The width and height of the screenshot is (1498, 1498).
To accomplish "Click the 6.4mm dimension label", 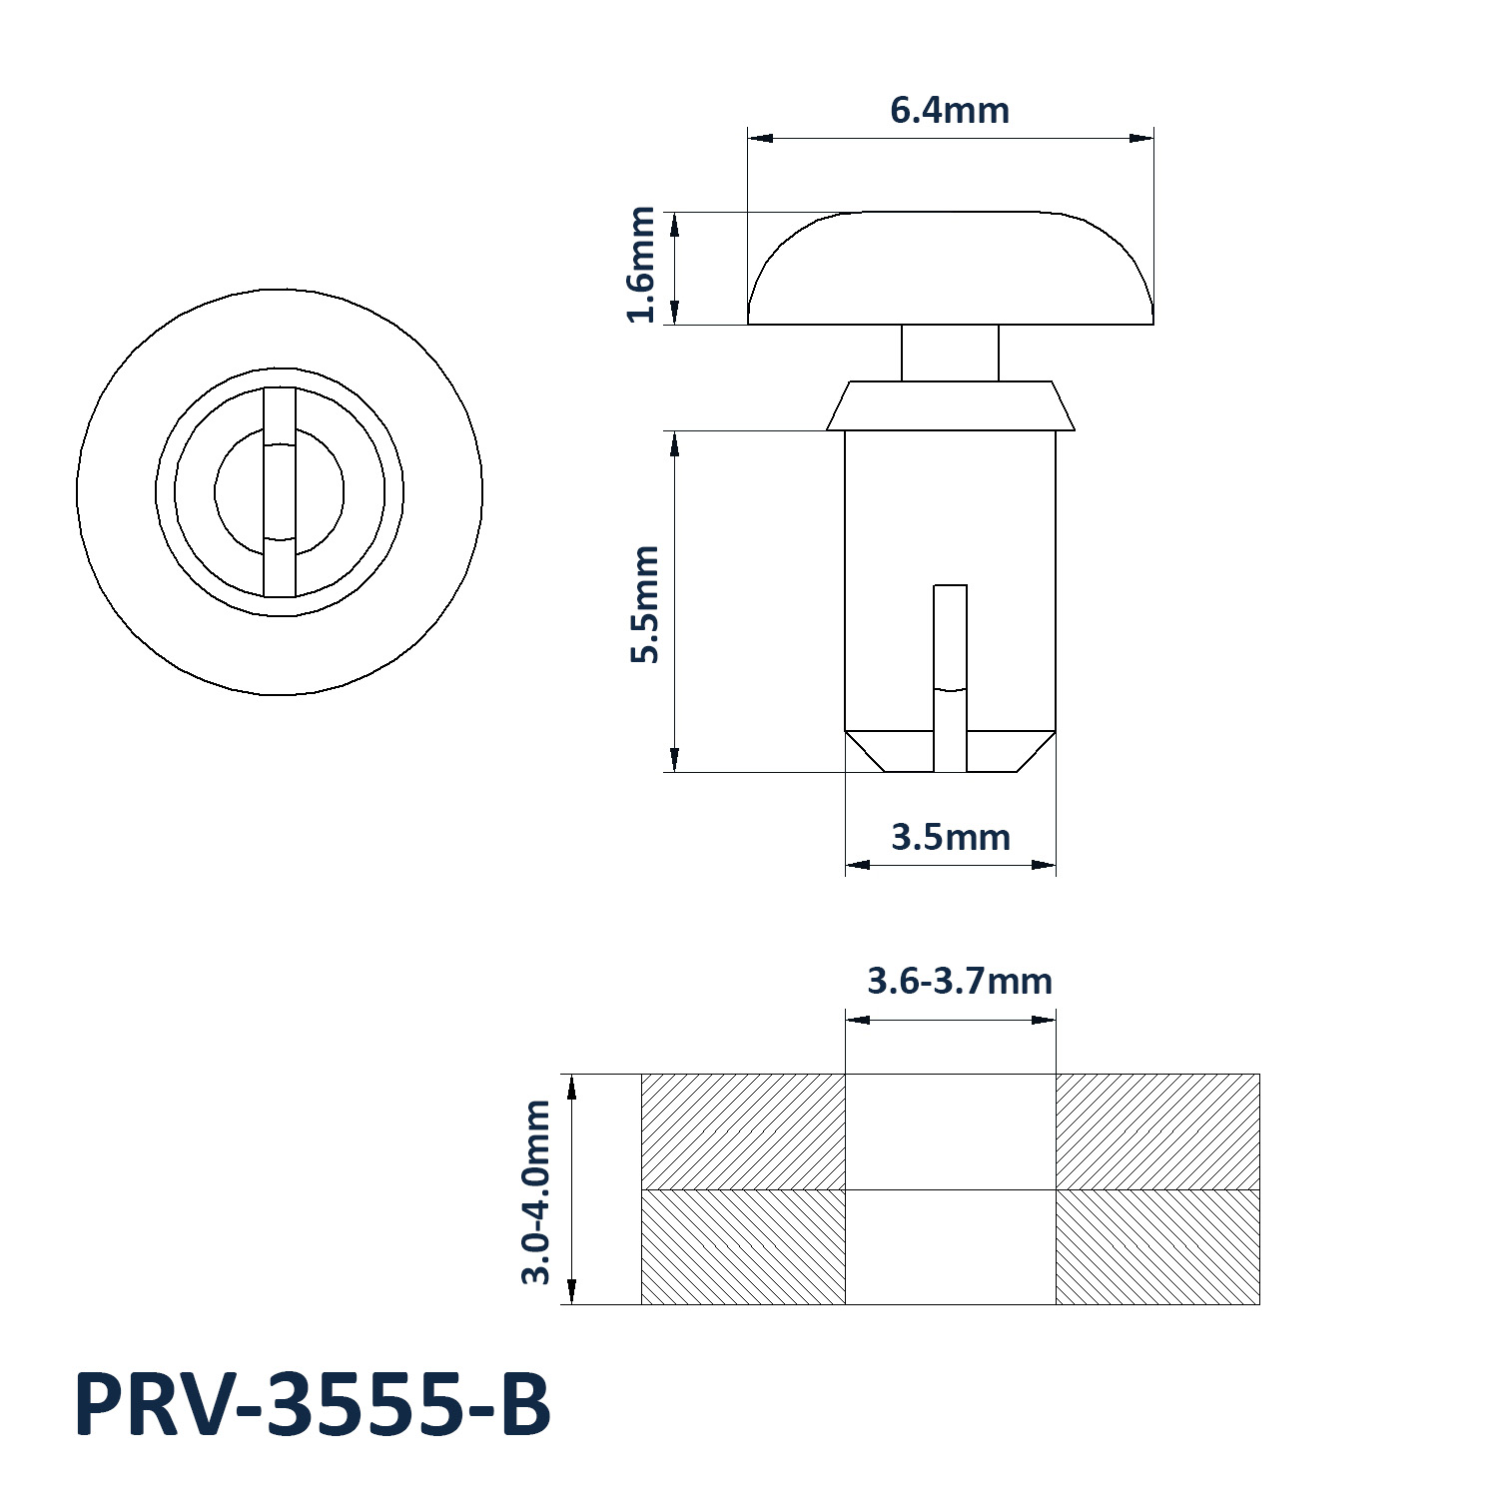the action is pyautogui.click(x=950, y=110).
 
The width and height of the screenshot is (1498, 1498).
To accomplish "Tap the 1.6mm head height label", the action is pyautogui.click(x=641, y=265).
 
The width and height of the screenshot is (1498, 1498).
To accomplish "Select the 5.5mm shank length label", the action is pyautogui.click(x=645, y=604).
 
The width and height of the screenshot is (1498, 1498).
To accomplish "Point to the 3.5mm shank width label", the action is pyautogui.click(x=951, y=837).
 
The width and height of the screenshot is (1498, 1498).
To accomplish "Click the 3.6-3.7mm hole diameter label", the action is pyautogui.click(x=960, y=981).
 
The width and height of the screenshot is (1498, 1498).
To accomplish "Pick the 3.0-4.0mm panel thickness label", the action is pyautogui.click(x=536, y=1191).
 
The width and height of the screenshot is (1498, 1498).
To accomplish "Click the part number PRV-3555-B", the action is pyautogui.click(x=313, y=1405).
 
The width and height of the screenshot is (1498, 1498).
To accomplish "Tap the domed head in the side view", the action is pyautogui.click(x=951, y=268).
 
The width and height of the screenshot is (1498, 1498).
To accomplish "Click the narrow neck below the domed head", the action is pyautogui.click(x=950, y=353).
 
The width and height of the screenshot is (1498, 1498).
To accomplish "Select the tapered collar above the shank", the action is pyautogui.click(x=950, y=405).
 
